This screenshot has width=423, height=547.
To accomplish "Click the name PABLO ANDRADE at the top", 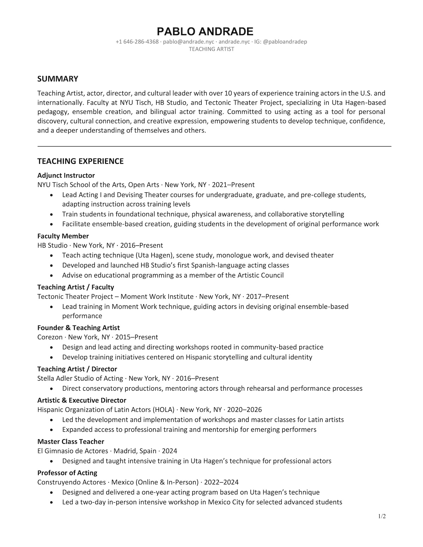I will click(205, 31).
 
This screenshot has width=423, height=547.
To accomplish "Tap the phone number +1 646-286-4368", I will click(137, 42).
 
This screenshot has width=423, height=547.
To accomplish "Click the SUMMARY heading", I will click(57, 79).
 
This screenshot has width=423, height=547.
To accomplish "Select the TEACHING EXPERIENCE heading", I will click(80, 161).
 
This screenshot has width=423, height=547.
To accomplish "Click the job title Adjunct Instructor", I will click(66, 175).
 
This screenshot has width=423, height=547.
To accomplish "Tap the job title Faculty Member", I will click(63, 236).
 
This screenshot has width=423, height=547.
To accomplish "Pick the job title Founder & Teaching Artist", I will click(78, 328).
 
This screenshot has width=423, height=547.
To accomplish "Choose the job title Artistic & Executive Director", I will click(81, 400).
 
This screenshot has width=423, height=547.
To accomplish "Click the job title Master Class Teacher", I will click(70, 441).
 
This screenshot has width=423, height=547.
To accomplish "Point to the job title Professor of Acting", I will click(67, 473).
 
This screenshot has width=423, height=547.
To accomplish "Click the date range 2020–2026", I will click(244, 410).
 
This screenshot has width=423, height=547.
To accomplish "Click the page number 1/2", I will click(382, 517).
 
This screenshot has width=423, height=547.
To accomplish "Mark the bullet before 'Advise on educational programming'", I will click(52, 275).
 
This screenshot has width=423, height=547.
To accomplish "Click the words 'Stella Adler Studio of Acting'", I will click(80, 378).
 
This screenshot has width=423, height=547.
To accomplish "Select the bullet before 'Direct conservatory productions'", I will click(52, 389).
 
